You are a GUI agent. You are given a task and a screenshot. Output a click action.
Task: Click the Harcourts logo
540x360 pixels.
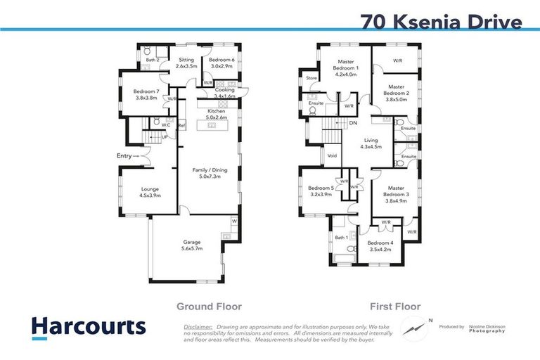pyautogui.click(x=89, y=327)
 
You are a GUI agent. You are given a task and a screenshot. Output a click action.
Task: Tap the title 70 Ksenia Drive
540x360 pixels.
pyautogui.click(x=442, y=21)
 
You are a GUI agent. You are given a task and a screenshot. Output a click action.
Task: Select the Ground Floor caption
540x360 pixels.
pyautogui.click(x=209, y=307)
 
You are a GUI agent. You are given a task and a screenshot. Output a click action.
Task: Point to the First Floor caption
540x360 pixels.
pyautogui.click(x=395, y=307)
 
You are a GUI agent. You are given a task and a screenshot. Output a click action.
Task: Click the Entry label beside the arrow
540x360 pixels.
pyautogui.click(x=124, y=156)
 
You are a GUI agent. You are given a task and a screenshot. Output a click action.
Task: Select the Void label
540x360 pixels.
pyautogui.click(x=333, y=155)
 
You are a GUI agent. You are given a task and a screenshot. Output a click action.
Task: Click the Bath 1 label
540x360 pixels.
pyautogui.click(x=342, y=238)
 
